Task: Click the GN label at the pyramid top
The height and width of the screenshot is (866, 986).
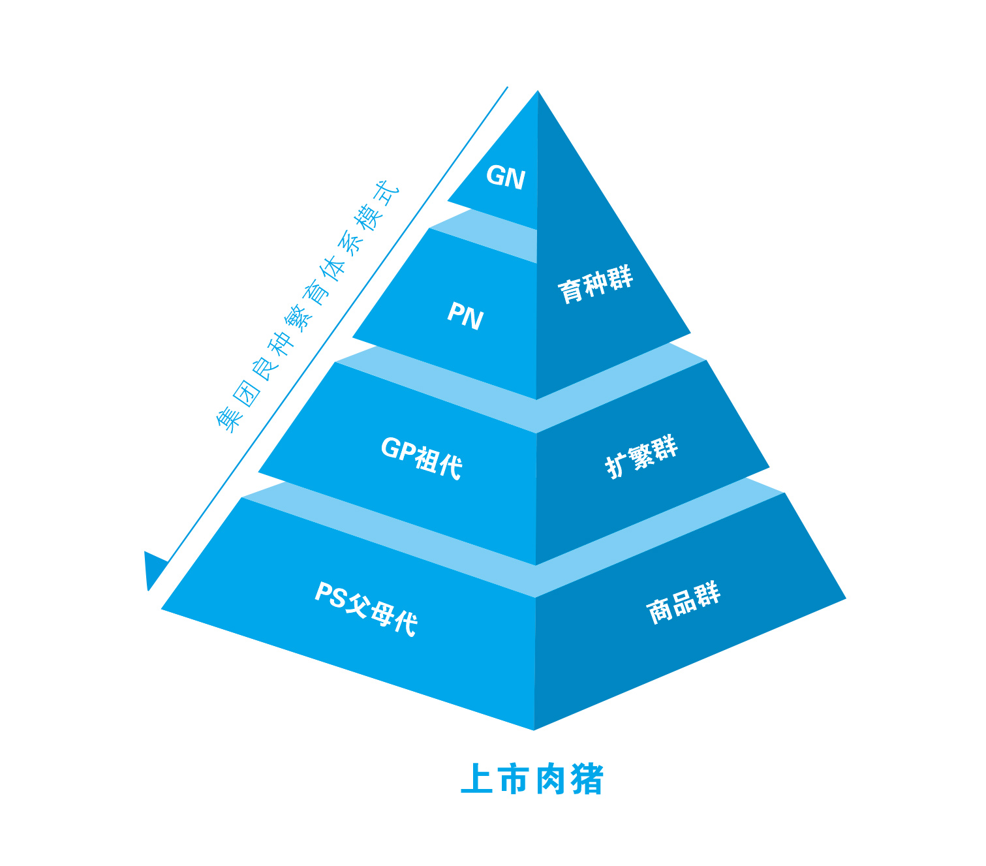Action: [506, 176]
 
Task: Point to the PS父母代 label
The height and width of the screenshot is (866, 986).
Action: [366, 608]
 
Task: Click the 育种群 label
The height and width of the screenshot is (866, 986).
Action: [595, 285]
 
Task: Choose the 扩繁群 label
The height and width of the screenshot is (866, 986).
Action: [641, 456]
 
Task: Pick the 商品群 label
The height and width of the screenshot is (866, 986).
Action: [683, 602]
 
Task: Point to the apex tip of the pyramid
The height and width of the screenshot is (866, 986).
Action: [538, 92]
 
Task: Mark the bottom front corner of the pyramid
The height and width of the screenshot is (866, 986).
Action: [534, 729]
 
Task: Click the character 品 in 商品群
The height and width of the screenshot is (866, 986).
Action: [683, 603]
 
